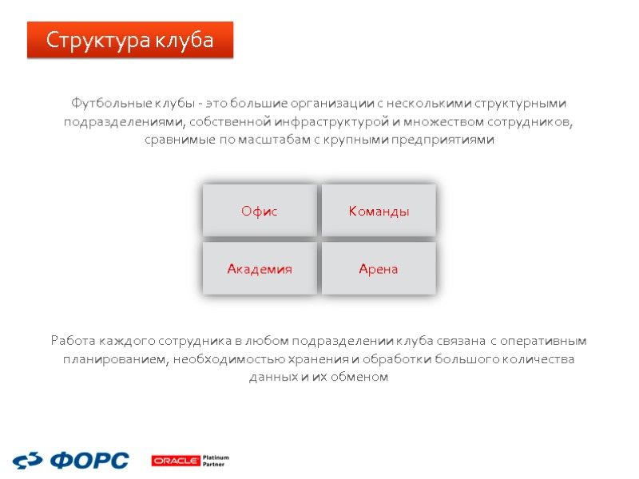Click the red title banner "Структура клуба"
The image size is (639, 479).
coord(130,40)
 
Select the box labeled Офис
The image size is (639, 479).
coord(260,211)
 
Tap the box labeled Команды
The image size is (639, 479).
coord(379,211)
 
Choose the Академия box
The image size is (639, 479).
coord(260,269)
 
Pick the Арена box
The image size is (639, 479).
coord(379,269)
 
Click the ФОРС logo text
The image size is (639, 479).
coord(89,460)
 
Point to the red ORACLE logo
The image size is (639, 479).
coord(176,461)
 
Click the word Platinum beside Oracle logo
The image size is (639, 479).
coord(216,457)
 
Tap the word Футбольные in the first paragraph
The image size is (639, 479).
coord(105,104)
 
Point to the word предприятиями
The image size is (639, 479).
coord(450,140)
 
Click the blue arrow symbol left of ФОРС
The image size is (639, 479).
coord(29,460)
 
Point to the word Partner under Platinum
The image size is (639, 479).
coord(214,464)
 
